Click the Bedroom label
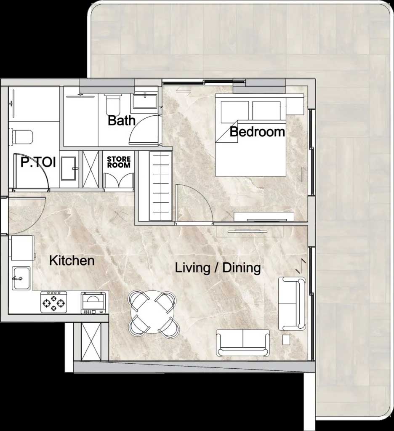click(x=257, y=132)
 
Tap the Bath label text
click(x=122, y=121)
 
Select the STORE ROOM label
click(x=119, y=162)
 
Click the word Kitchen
click(x=72, y=261)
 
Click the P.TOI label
click(x=38, y=162)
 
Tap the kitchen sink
click(x=21, y=278)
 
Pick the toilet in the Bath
click(x=113, y=105)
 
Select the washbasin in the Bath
click(x=145, y=101)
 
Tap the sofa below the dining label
click(x=243, y=342)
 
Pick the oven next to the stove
click(x=93, y=303)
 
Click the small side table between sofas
click(x=286, y=340)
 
